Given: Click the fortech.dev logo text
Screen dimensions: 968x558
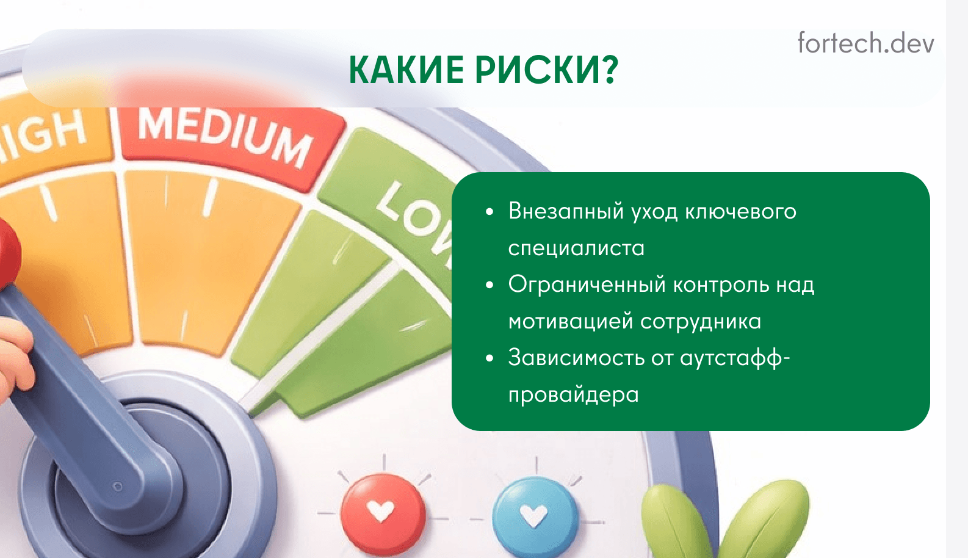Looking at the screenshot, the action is pos(865,43).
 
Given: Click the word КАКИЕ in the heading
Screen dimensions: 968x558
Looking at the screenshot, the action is pos(408,70).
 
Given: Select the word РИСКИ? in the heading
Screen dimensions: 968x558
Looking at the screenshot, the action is pos(547,70).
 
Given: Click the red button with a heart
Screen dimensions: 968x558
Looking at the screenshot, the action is pos(382,513).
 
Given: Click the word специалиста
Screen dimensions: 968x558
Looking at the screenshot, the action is pos(576,248).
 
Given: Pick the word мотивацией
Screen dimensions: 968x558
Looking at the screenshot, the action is pos(571,322).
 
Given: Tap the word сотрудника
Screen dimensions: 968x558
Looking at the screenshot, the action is pos(701,322).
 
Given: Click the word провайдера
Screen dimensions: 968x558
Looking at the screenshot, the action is pos(574,395).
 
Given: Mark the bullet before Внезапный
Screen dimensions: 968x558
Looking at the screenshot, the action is pos(489,212).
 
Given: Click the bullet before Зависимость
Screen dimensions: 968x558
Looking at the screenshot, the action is pos(489,358).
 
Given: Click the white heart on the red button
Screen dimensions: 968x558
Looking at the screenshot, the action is pos(381,511).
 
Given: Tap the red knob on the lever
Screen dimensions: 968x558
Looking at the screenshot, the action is pos(8,253).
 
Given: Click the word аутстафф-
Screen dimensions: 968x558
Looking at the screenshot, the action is pos(735,359).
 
